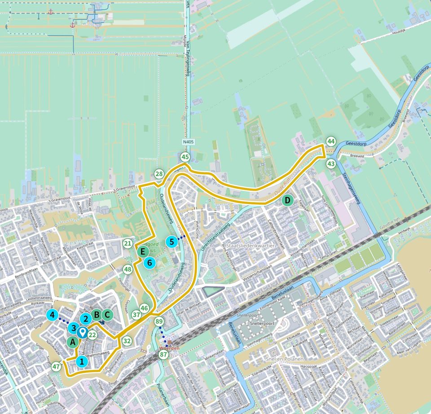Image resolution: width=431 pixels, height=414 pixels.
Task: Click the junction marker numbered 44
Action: tap(331, 141)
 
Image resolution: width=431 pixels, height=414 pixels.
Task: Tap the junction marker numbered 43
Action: tap(331, 164)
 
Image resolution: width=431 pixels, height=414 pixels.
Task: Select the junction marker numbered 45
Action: tap(185, 157)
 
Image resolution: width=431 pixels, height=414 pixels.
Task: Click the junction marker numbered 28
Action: tap(159, 174)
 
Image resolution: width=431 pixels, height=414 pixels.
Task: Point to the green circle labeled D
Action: tap(287, 200)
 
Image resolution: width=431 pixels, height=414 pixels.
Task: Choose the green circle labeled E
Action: tap(143, 251)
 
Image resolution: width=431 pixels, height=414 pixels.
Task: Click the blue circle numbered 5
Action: tap(172, 242)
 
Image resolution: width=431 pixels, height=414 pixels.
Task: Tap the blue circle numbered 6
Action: tap(150, 263)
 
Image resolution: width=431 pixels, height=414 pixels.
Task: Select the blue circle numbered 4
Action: tap(53, 315)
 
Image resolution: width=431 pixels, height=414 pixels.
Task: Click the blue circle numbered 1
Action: tap(81, 361)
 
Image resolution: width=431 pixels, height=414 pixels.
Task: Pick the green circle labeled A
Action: tap(72, 342)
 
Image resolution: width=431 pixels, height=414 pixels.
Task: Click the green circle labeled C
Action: tap(107, 315)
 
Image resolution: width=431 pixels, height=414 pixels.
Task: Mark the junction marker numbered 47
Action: tap(56, 366)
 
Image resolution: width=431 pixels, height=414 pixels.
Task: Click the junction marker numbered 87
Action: tap(163, 355)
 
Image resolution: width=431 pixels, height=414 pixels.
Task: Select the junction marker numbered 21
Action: tap(128, 243)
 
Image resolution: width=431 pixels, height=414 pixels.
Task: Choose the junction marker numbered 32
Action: tap(127, 341)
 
